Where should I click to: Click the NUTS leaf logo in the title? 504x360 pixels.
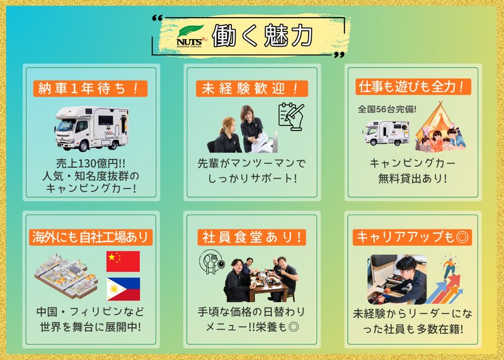tap(192, 37)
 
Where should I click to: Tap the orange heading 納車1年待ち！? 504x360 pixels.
tap(90, 88)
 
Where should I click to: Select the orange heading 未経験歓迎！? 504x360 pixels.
tap(251, 88)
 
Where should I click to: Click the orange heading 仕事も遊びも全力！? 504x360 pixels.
tap(413, 87)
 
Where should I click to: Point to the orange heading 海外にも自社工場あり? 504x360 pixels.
tap(91, 237)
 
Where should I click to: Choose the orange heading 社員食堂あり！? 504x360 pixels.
tap(251, 237)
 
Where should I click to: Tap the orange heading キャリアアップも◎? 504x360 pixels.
tap(413, 237)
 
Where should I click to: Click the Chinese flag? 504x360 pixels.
tap(123, 261)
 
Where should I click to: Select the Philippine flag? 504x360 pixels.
tap(123, 289)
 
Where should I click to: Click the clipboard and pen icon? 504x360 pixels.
tap(291, 117)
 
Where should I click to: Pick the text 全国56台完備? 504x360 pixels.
tap(387, 109)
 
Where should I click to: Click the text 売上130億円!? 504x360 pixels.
tap(91, 163)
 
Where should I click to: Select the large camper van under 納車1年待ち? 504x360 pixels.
tap(91, 129)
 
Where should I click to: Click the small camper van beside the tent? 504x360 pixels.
tap(386, 133)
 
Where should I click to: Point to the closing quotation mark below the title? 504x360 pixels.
tap(339, 55)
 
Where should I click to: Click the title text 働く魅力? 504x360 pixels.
tap(262, 35)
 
